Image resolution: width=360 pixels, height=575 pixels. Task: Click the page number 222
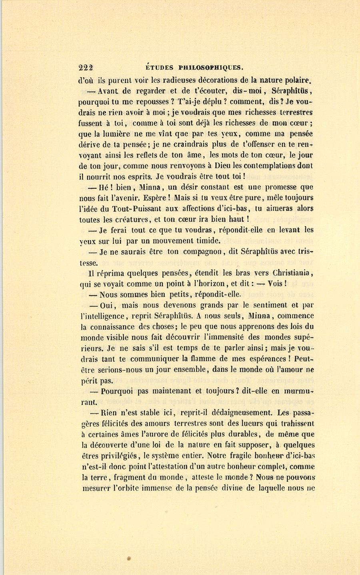coord(86,68)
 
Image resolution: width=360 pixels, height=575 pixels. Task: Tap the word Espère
coord(156,198)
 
